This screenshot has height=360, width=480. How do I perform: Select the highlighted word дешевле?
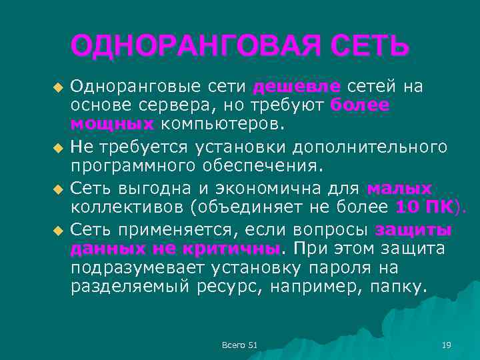pos(297,87)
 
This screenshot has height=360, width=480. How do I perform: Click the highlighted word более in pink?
pos(359,105)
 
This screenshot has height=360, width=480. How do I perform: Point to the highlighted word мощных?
pos(112,124)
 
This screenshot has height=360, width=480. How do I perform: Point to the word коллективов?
pos(127,207)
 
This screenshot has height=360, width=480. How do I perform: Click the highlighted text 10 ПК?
pos(425,207)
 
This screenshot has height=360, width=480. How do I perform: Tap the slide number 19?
pos(447,344)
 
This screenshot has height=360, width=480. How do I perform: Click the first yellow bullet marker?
pos(57,88)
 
